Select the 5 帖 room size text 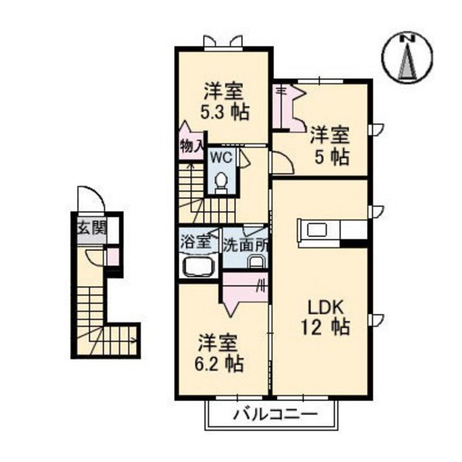(329, 154)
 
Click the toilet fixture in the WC (220, 181)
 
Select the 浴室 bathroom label (195, 245)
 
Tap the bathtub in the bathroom (196, 267)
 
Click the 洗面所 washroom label (247, 245)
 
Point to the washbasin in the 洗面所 (256, 263)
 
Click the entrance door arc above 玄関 (88, 200)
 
